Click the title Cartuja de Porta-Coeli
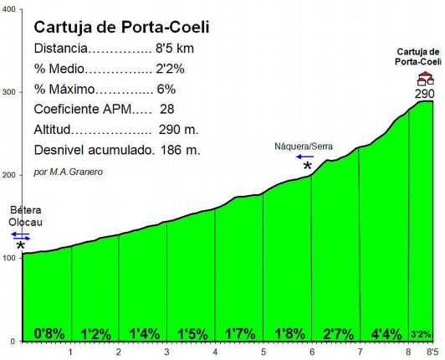point(121,27)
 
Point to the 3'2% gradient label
point(422,333)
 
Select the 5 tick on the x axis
point(263,352)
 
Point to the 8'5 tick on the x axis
point(432,352)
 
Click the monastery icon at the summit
point(426,79)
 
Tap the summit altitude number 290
point(425,94)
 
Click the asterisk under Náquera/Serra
point(308,167)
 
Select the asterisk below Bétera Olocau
point(20,247)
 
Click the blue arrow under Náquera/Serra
point(303,157)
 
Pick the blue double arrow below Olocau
point(21,237)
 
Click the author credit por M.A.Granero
point(69,172)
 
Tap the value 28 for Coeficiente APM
point(166,110)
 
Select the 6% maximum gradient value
point(166,90)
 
